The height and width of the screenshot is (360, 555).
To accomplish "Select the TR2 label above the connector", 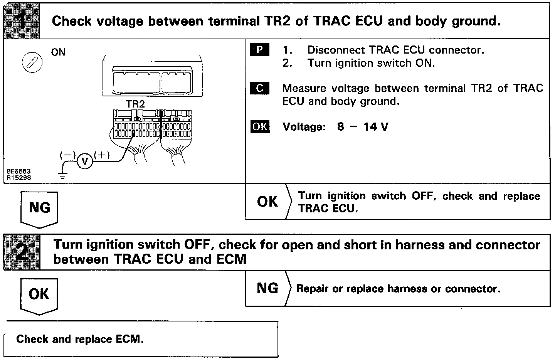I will [x=135, y=104].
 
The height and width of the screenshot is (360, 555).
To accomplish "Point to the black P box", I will [x=259, y=50].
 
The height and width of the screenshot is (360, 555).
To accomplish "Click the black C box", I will [x=260, y=88].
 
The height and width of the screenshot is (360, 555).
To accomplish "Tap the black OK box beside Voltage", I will [x=260, y=126].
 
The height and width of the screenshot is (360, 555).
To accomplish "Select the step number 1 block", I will [x=22, y=21].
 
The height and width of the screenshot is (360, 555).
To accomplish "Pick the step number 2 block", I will [x=22, y=252].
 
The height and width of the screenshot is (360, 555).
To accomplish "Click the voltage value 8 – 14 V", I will [x=363, y=126].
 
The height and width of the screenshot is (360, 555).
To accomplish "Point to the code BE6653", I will [x=18, y=171].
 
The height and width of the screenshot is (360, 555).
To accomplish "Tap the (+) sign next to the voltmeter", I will [x=102, y=155].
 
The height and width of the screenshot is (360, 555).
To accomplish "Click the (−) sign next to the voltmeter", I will [x=68, y=155].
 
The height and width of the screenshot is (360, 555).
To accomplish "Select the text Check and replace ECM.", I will [x=80, y=339].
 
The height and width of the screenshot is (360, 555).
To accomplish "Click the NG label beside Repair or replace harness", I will [x=267, y=288].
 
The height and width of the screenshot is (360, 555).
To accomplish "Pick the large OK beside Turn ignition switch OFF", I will [x=267, y=202].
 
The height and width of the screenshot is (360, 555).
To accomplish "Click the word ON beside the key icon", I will [x=58, y=52].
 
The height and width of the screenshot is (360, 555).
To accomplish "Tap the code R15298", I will [x=18, y=178].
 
